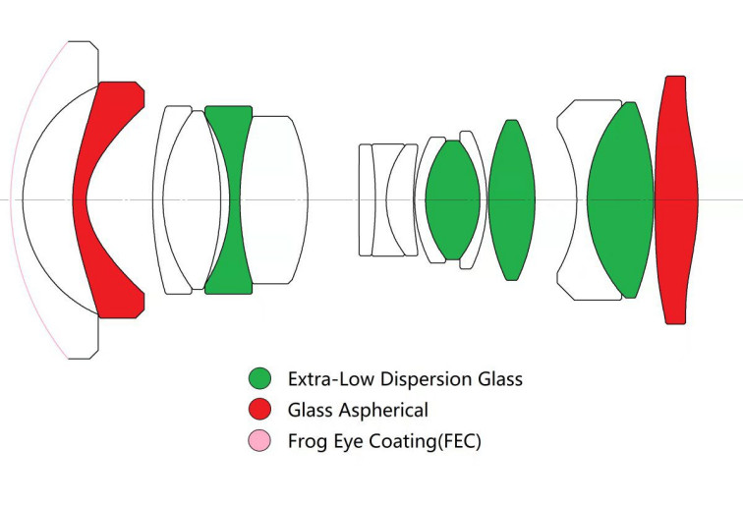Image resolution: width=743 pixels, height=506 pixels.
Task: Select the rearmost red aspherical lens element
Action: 676,199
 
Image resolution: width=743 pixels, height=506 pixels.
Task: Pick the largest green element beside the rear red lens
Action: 620,199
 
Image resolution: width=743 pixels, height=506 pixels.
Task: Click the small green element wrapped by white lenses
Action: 453,199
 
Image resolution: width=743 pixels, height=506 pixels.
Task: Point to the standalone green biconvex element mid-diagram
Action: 512,199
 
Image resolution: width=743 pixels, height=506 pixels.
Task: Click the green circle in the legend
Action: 259,378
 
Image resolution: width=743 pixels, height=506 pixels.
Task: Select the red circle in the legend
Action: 259,410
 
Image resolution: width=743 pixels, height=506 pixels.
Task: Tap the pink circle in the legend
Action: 259,440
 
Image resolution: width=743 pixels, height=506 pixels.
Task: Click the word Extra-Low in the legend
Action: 332,379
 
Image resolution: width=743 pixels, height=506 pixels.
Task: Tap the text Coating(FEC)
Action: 425,441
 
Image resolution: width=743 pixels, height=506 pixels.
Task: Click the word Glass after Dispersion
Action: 500,379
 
